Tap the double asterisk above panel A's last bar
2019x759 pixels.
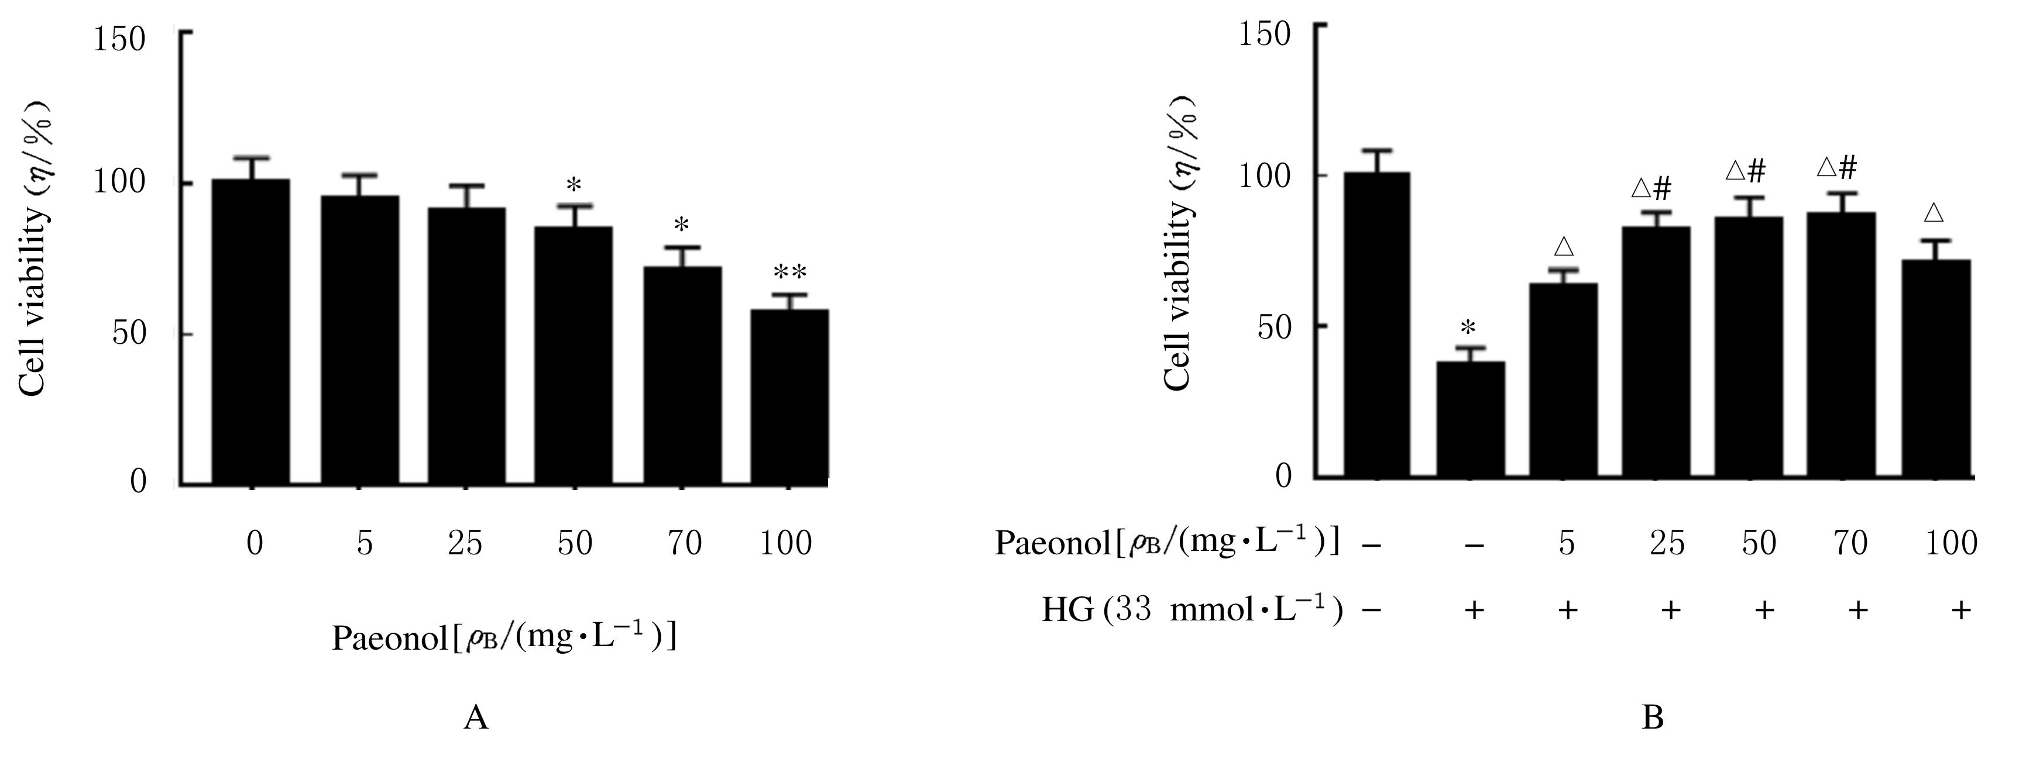(x=789, y=273)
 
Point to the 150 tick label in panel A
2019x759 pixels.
(x=119, y=39)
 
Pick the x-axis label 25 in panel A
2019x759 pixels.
(x=465, y=543)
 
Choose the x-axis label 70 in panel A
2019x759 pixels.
(x=683, y=543)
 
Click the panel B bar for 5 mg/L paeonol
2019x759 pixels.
(x=1563, y=380)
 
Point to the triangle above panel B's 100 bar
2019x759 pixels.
(x=1934, y=213)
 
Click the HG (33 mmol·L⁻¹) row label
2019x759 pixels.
(x=1192, y=609)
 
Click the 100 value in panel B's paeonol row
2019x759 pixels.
(x=1951, y=543)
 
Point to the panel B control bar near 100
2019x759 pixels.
(x=1376, y=325)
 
